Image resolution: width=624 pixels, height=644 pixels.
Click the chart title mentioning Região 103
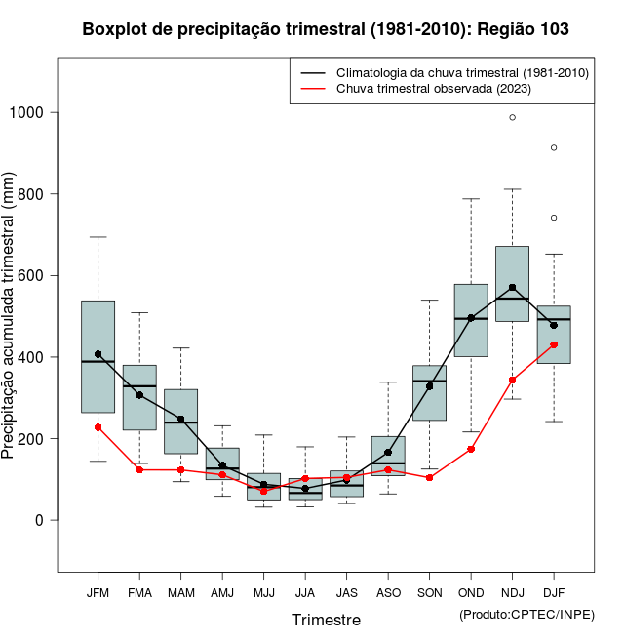[x=326, y=29]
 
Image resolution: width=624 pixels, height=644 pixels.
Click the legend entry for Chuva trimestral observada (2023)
[x=433, y=89]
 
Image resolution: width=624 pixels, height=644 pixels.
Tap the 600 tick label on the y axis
[x=33, y=275]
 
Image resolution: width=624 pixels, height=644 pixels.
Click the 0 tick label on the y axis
[x=42, y=520]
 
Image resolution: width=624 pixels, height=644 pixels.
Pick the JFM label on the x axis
[x=97, y=593]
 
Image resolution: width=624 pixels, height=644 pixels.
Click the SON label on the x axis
[x=429, y=593]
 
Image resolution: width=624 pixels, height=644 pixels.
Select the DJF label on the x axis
[x=554, y=593]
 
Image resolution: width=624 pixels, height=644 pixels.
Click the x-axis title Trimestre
[x=326, y=620]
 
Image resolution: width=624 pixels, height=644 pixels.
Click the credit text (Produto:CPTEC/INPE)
[x=526, y=614]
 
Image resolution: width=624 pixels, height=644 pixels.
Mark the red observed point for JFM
[x=97, y=427]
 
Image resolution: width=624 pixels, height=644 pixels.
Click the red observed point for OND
[x=471, y=449]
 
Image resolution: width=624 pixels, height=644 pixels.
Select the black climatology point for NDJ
[x=512, y=288]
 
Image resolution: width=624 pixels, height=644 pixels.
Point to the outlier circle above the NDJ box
[x=512, y=117]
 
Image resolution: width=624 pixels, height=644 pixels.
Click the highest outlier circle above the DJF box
[x=554, y=147]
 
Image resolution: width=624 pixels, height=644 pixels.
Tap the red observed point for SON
[x=429, y=477]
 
